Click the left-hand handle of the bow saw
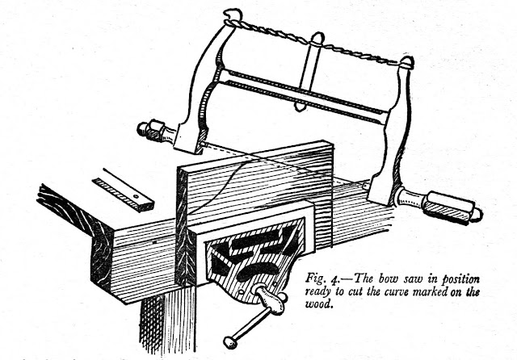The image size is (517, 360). (153, 129)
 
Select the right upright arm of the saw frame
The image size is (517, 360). (396, 129)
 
